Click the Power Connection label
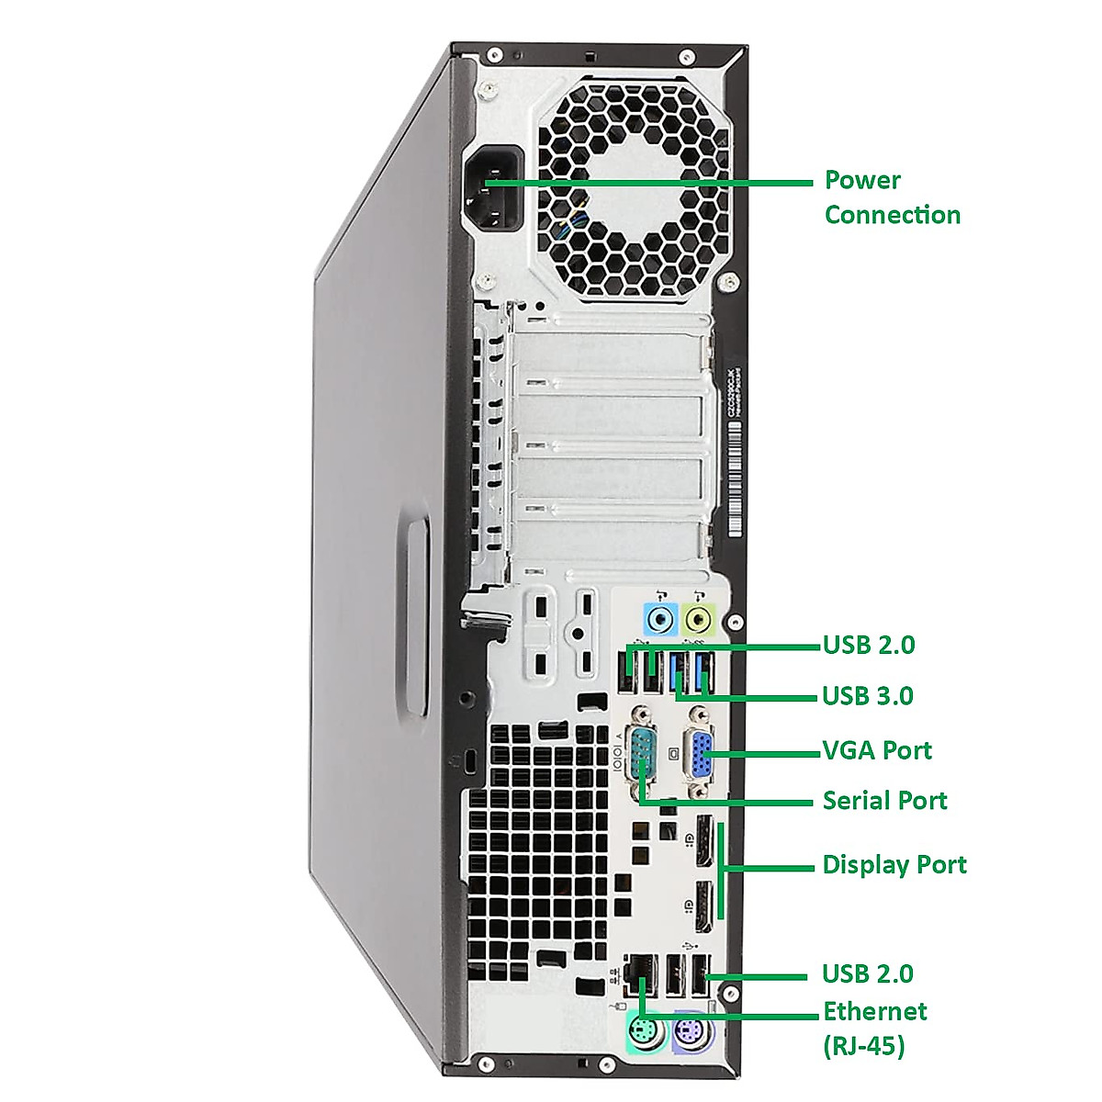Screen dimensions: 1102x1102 891,197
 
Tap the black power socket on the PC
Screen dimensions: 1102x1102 497,191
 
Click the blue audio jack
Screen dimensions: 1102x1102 659,619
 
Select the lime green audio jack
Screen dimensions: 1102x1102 701,619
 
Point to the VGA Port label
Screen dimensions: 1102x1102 876,751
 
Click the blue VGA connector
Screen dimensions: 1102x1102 701,755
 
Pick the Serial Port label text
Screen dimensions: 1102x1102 883,801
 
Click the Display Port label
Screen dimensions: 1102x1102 894,865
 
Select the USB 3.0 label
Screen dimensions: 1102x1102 867,696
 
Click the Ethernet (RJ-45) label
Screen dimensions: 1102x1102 874,1028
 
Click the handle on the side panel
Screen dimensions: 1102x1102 414,617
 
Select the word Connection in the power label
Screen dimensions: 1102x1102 892,215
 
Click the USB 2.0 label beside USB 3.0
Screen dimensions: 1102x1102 868,645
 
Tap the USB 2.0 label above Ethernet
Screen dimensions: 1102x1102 867,973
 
